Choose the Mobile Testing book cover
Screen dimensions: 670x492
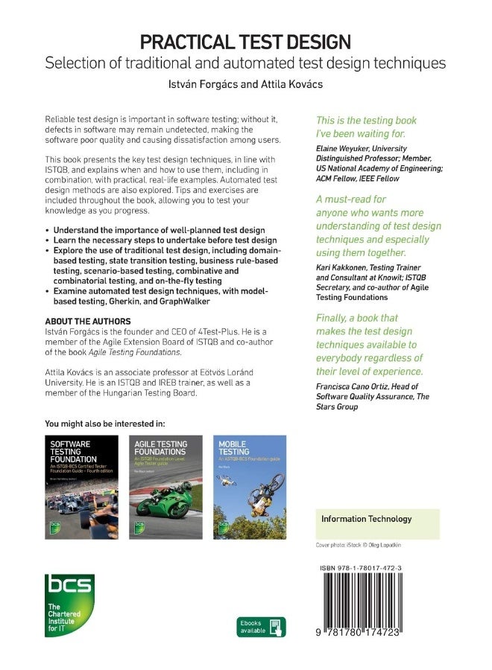[250, 487]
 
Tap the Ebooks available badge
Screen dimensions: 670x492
[261, 627]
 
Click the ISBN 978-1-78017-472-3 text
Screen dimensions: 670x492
[371, 568]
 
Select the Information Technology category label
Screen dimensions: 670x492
[366, 519]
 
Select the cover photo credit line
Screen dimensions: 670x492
[358, 546]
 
